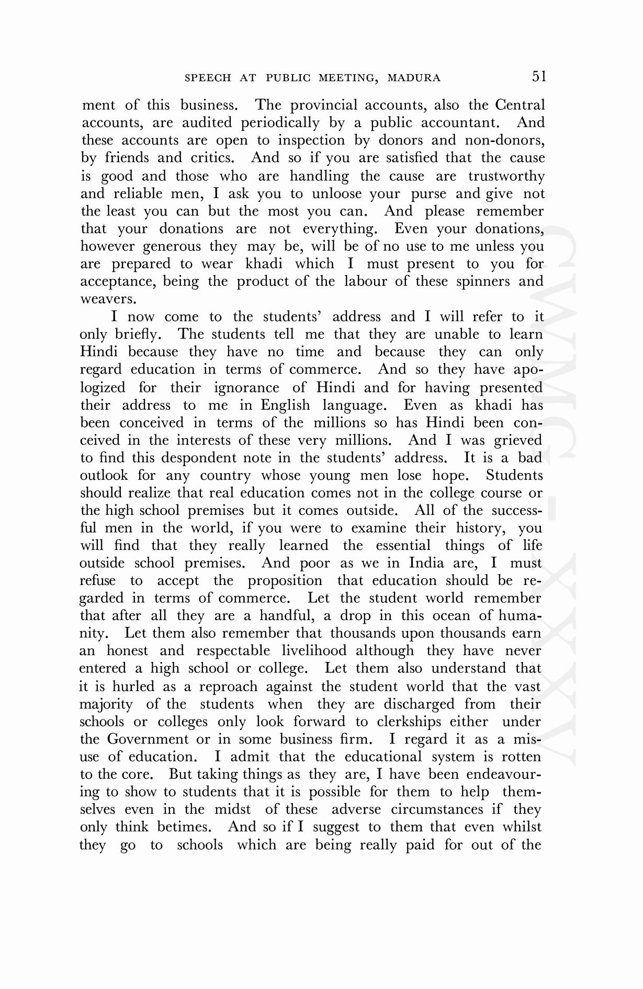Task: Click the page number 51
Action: pos(539,77)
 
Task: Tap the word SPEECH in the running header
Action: pos(208,78)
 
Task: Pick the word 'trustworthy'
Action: pos(506,176)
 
